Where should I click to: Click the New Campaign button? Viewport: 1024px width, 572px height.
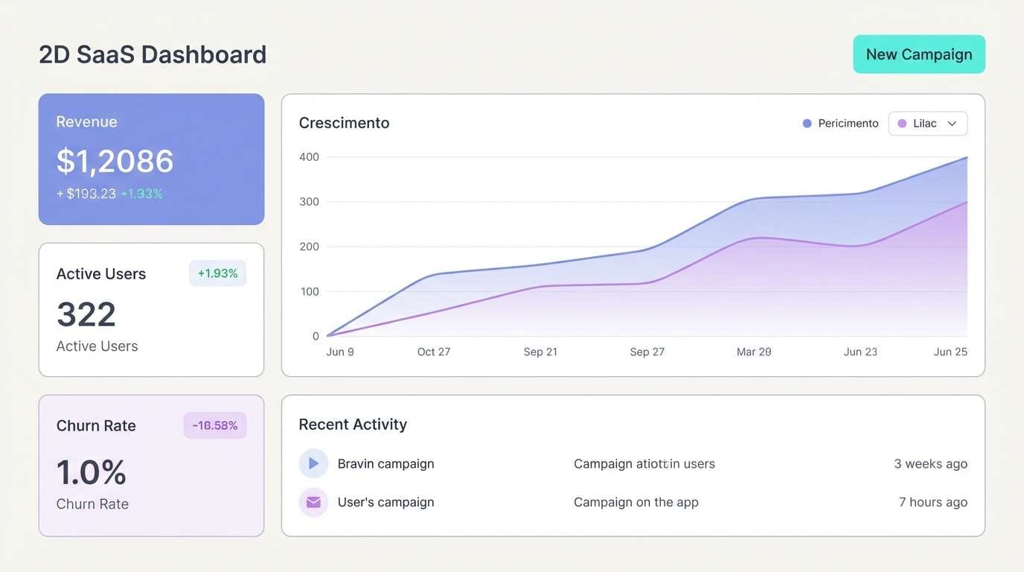click(919, 54)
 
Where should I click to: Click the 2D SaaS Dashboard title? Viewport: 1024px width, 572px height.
click(153, 54)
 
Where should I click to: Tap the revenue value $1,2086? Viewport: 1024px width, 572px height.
click(115, 161)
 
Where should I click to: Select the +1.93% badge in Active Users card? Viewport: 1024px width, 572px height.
click(217, 273)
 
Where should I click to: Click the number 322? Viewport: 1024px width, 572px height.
click(86, 314)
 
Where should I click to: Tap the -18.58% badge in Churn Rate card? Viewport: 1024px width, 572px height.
click(215, 425)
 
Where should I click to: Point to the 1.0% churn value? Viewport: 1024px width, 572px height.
click(92, 472)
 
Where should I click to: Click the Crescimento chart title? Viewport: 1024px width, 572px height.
click(344, 123)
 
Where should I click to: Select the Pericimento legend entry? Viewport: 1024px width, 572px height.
click(841, 124)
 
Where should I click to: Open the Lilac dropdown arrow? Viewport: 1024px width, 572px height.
click(952, 124)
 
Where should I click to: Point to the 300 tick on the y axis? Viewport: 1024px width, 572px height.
click(309, 202)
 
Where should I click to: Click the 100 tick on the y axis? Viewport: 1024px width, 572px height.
click(309, 291)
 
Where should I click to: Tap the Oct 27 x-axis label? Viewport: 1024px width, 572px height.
click(434, 352)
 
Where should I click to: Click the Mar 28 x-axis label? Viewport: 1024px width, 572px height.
click(754, 352)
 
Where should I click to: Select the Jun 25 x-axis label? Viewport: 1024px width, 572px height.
click(950, 352)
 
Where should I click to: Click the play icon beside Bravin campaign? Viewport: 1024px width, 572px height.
click(313, 463)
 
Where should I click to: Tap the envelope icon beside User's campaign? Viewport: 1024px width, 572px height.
click(313, 502)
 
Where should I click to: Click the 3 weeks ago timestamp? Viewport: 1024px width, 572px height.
click(930, 463)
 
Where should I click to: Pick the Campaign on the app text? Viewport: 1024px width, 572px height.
click(636, 502)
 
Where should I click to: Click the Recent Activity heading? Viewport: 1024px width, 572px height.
click(353, 425)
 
